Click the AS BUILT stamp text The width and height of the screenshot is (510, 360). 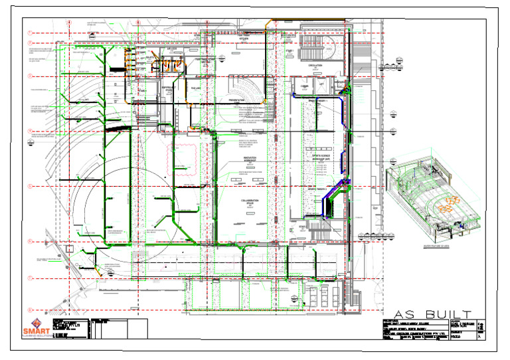(432, 314)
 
